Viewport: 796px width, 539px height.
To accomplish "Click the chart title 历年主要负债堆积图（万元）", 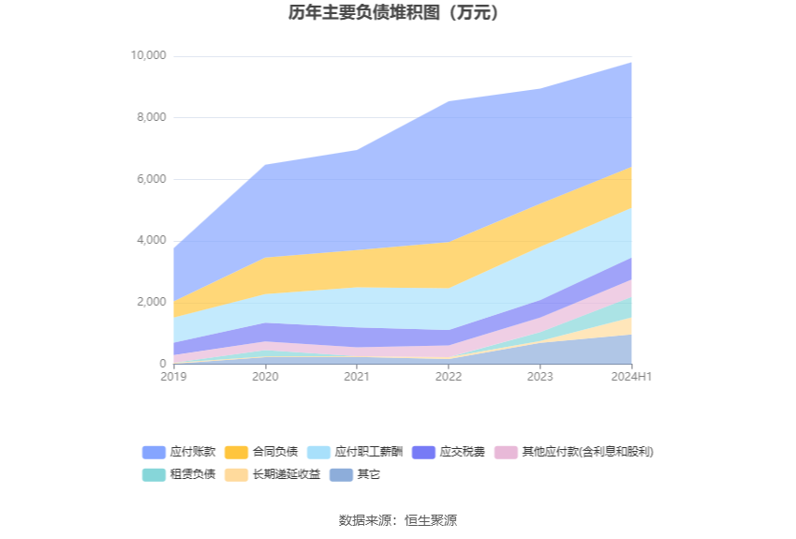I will tap(397, 13).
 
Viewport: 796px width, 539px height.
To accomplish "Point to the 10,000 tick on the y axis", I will tap(147, 56).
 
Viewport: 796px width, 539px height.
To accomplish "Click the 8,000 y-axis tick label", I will tap(150, 117).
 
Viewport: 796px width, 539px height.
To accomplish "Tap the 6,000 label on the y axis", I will tap(150, 179).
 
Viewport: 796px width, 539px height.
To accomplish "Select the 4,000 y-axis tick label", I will tap(150, 241).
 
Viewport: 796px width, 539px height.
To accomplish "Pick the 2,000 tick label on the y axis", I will tap(150, 302).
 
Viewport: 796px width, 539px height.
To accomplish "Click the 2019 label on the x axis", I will tap(173, 377).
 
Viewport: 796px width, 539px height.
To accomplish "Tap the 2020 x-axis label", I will tap(265, 377).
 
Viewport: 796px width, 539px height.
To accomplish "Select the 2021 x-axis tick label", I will tap(357, 377).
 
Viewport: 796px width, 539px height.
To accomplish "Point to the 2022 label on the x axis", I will tap(449, 377).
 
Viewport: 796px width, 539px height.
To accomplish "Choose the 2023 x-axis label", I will tap(540, 377).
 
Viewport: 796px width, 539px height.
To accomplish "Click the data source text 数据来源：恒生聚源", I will tap(397, 520).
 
